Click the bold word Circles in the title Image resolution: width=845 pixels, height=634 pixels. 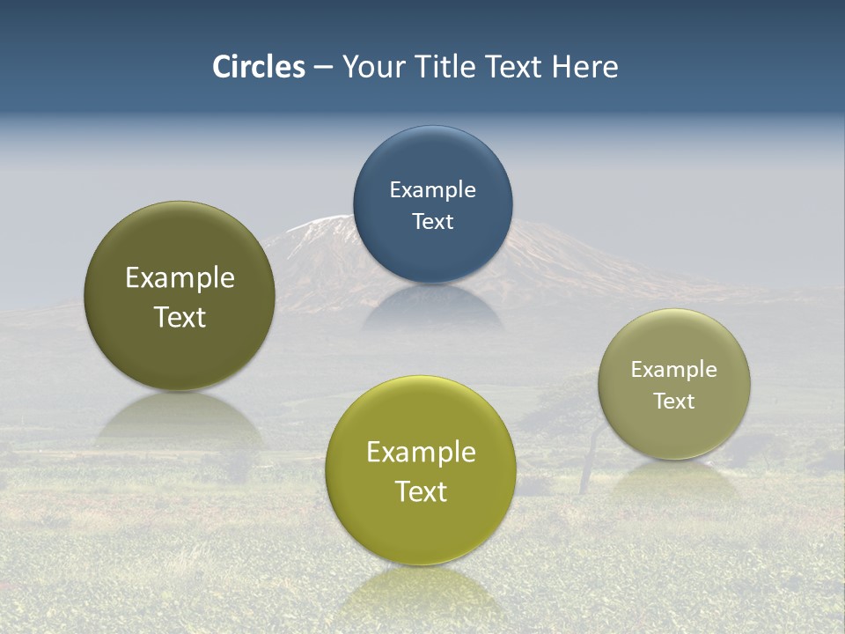click(259, 67)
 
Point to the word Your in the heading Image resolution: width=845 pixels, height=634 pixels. click(371, 67)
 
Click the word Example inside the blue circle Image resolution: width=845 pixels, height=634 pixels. click(432, 190)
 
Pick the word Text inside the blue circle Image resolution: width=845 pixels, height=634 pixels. click(432, 222)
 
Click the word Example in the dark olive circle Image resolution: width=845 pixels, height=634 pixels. click(180, 278)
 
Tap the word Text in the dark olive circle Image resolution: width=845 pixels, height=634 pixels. click(180, 317)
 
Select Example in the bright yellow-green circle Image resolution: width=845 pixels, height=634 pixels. click(421, 453)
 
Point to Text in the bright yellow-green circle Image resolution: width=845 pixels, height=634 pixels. click(421, 491)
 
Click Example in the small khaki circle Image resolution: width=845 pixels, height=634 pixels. click(674, 370)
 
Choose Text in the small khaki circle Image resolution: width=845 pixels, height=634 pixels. click(674, 402)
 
